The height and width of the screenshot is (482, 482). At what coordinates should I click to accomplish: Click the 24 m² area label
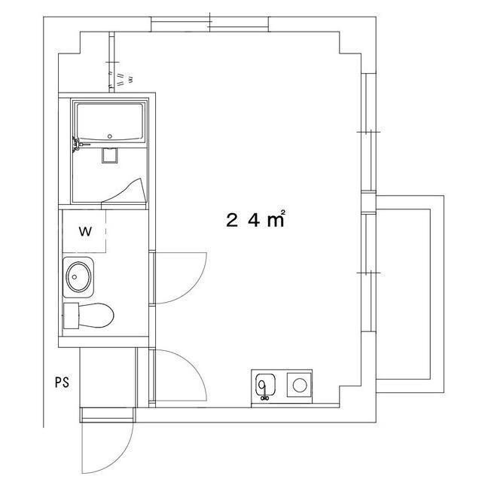[x=255, y=220]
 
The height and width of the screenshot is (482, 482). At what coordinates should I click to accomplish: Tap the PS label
[x=61, y=382]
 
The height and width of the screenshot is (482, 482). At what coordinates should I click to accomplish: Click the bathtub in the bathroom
[x=109, y=122]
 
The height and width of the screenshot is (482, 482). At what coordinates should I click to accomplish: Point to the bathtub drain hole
[x=110, y=136]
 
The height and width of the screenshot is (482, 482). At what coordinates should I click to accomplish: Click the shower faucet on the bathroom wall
[x=75, y=142]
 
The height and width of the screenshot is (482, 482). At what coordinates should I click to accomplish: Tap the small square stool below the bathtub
[x=110, y=155]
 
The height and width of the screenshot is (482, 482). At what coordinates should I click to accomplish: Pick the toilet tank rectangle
[x=72, y=316]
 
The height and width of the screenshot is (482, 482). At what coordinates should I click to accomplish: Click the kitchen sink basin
[x=264, y=386]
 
